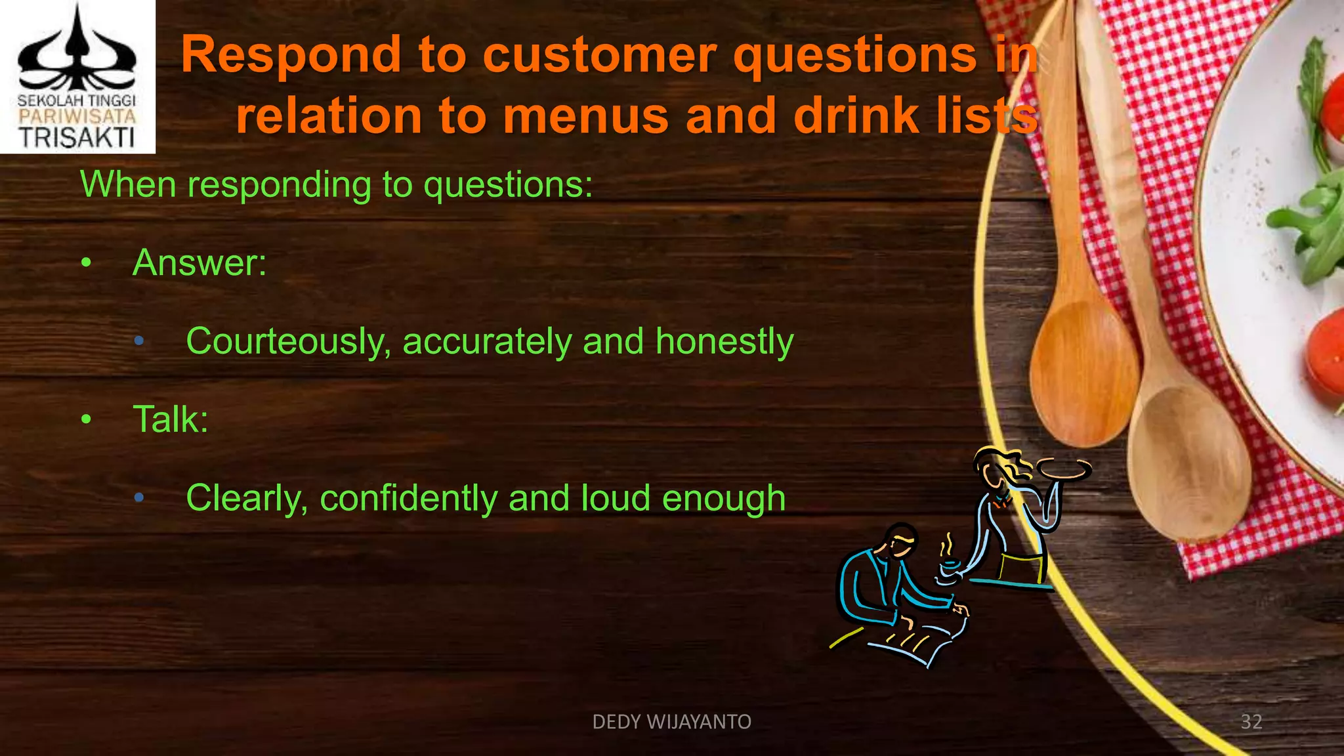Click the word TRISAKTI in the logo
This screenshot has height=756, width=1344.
[x=77, y=137]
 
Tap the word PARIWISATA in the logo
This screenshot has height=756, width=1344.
[x=77, y=117]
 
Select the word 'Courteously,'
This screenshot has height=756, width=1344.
[x=288, y=342]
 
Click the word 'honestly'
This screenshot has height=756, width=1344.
[x=724, y=341]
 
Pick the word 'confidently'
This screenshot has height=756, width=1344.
[x=408, y=498]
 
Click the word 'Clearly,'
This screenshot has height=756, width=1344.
[x=247, y=498]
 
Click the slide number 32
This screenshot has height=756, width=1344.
[x=1251, y=722]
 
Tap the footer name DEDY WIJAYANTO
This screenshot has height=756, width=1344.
[x=671, y=722]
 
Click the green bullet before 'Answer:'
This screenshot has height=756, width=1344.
[x=86, y=263]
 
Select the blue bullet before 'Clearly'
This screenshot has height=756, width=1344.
[x=138, y=498]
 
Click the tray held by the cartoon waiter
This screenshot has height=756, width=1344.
[x=1062, y=468]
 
